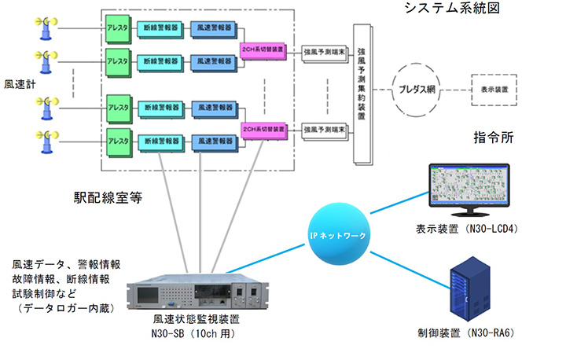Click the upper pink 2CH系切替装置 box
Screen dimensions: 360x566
pos(263,50)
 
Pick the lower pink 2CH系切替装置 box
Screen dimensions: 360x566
pos(263,127)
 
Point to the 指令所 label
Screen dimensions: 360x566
pos(493,138)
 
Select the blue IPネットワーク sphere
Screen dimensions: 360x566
pos(340,234)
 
